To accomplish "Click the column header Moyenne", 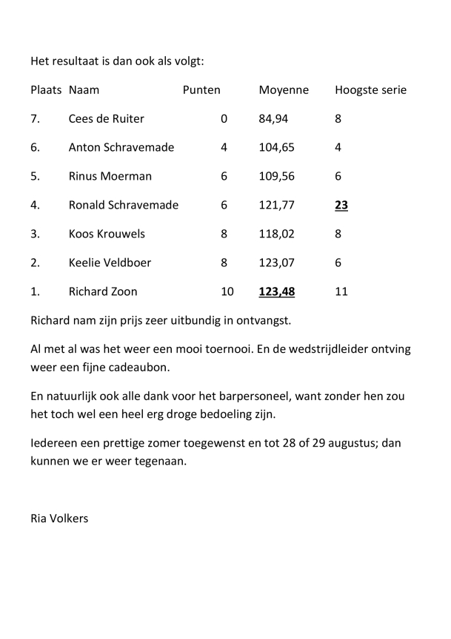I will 284,90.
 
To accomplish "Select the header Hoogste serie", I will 370,90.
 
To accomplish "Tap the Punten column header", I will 201,90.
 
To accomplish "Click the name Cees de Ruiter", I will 106,118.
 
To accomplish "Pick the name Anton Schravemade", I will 121,147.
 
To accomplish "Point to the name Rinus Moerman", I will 110,176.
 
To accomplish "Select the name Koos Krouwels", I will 107,234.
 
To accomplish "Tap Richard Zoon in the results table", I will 103,291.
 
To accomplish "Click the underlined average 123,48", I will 277,291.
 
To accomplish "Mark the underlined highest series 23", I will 341,205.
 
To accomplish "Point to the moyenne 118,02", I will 277,234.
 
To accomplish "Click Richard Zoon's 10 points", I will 227,291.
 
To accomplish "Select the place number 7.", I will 35,118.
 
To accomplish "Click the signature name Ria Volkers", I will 59,518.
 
